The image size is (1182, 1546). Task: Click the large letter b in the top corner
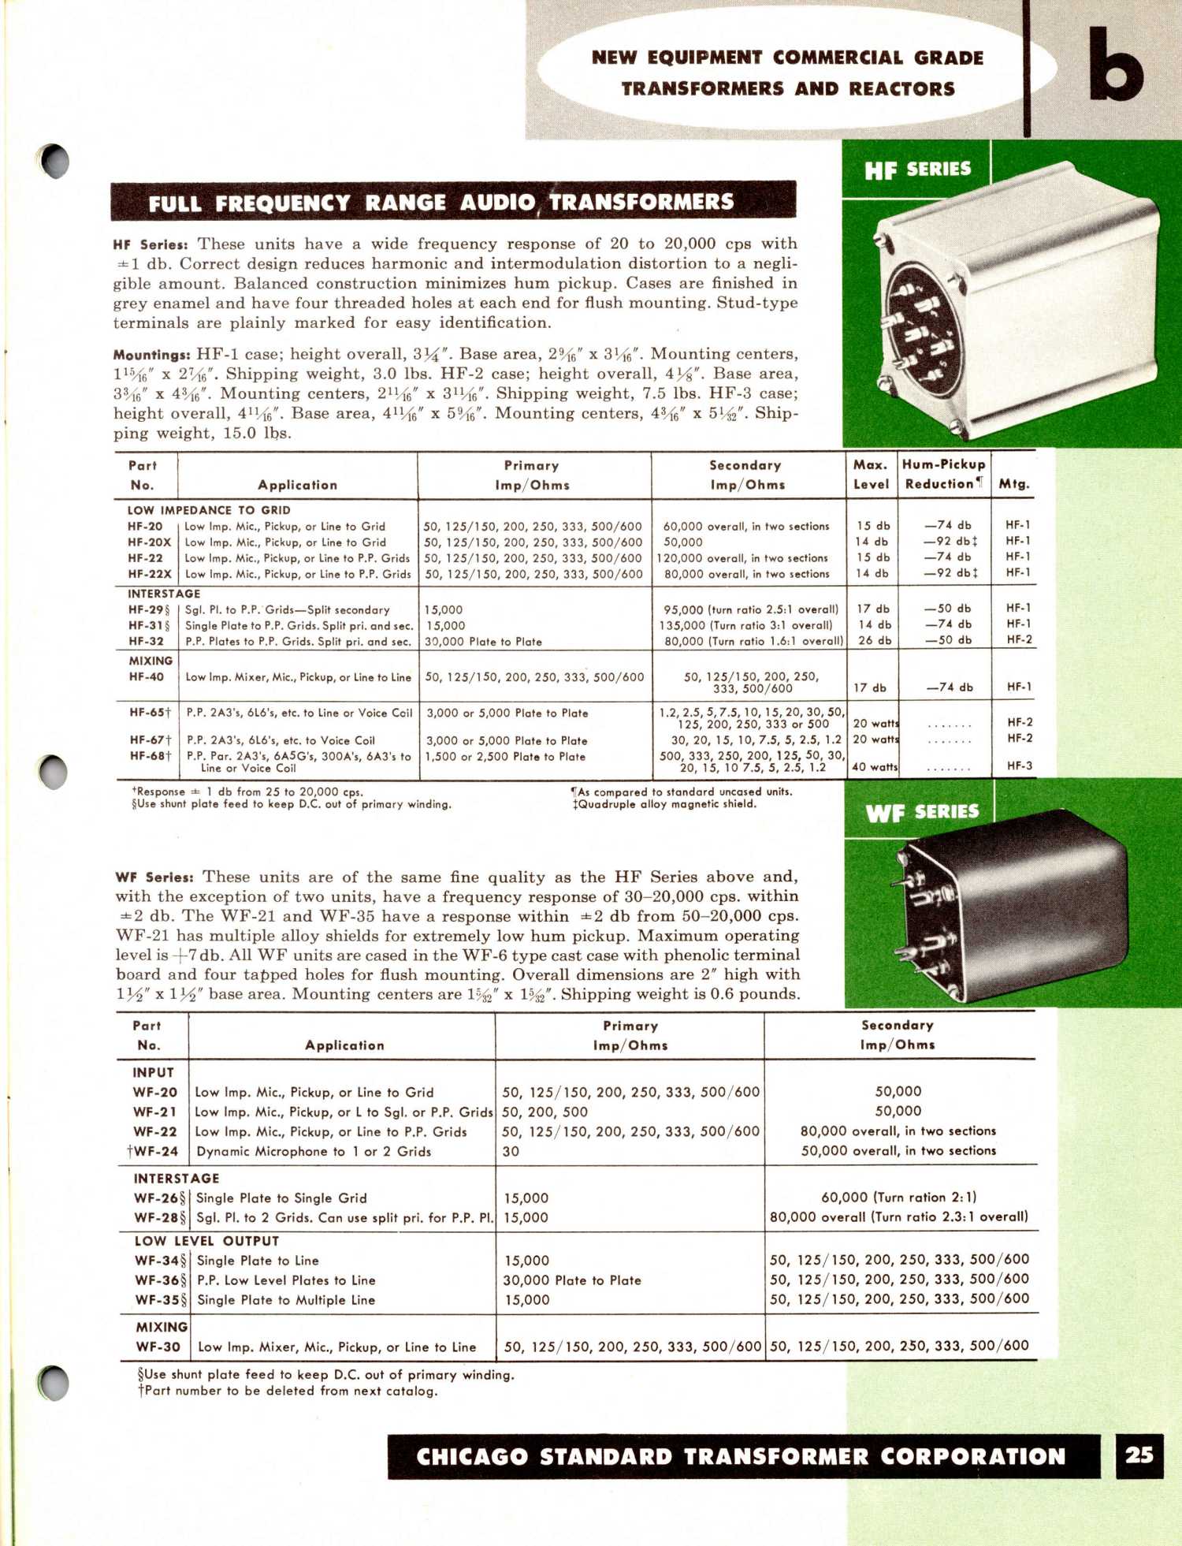pos(1116,65)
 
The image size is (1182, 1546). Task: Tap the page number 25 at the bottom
pos(1139,1455)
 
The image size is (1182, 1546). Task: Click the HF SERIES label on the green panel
pos(917,170)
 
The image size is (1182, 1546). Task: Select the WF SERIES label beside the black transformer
pos(922,812)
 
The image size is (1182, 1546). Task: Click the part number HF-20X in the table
pos(149,542)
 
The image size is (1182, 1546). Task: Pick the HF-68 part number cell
pos(149,756)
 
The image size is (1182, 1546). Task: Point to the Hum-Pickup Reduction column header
pos(943,475)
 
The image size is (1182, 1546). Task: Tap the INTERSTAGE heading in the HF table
pos(164,594)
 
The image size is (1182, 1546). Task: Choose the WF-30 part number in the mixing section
pos(158,1347)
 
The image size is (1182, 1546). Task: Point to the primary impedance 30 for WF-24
pos(511,1151)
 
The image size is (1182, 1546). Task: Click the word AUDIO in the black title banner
pos(497,203)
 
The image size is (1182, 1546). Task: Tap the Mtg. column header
pos(1013,484)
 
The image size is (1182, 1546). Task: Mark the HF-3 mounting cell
pos(1019,766)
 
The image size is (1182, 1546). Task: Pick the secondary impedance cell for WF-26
pos(898,1197)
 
